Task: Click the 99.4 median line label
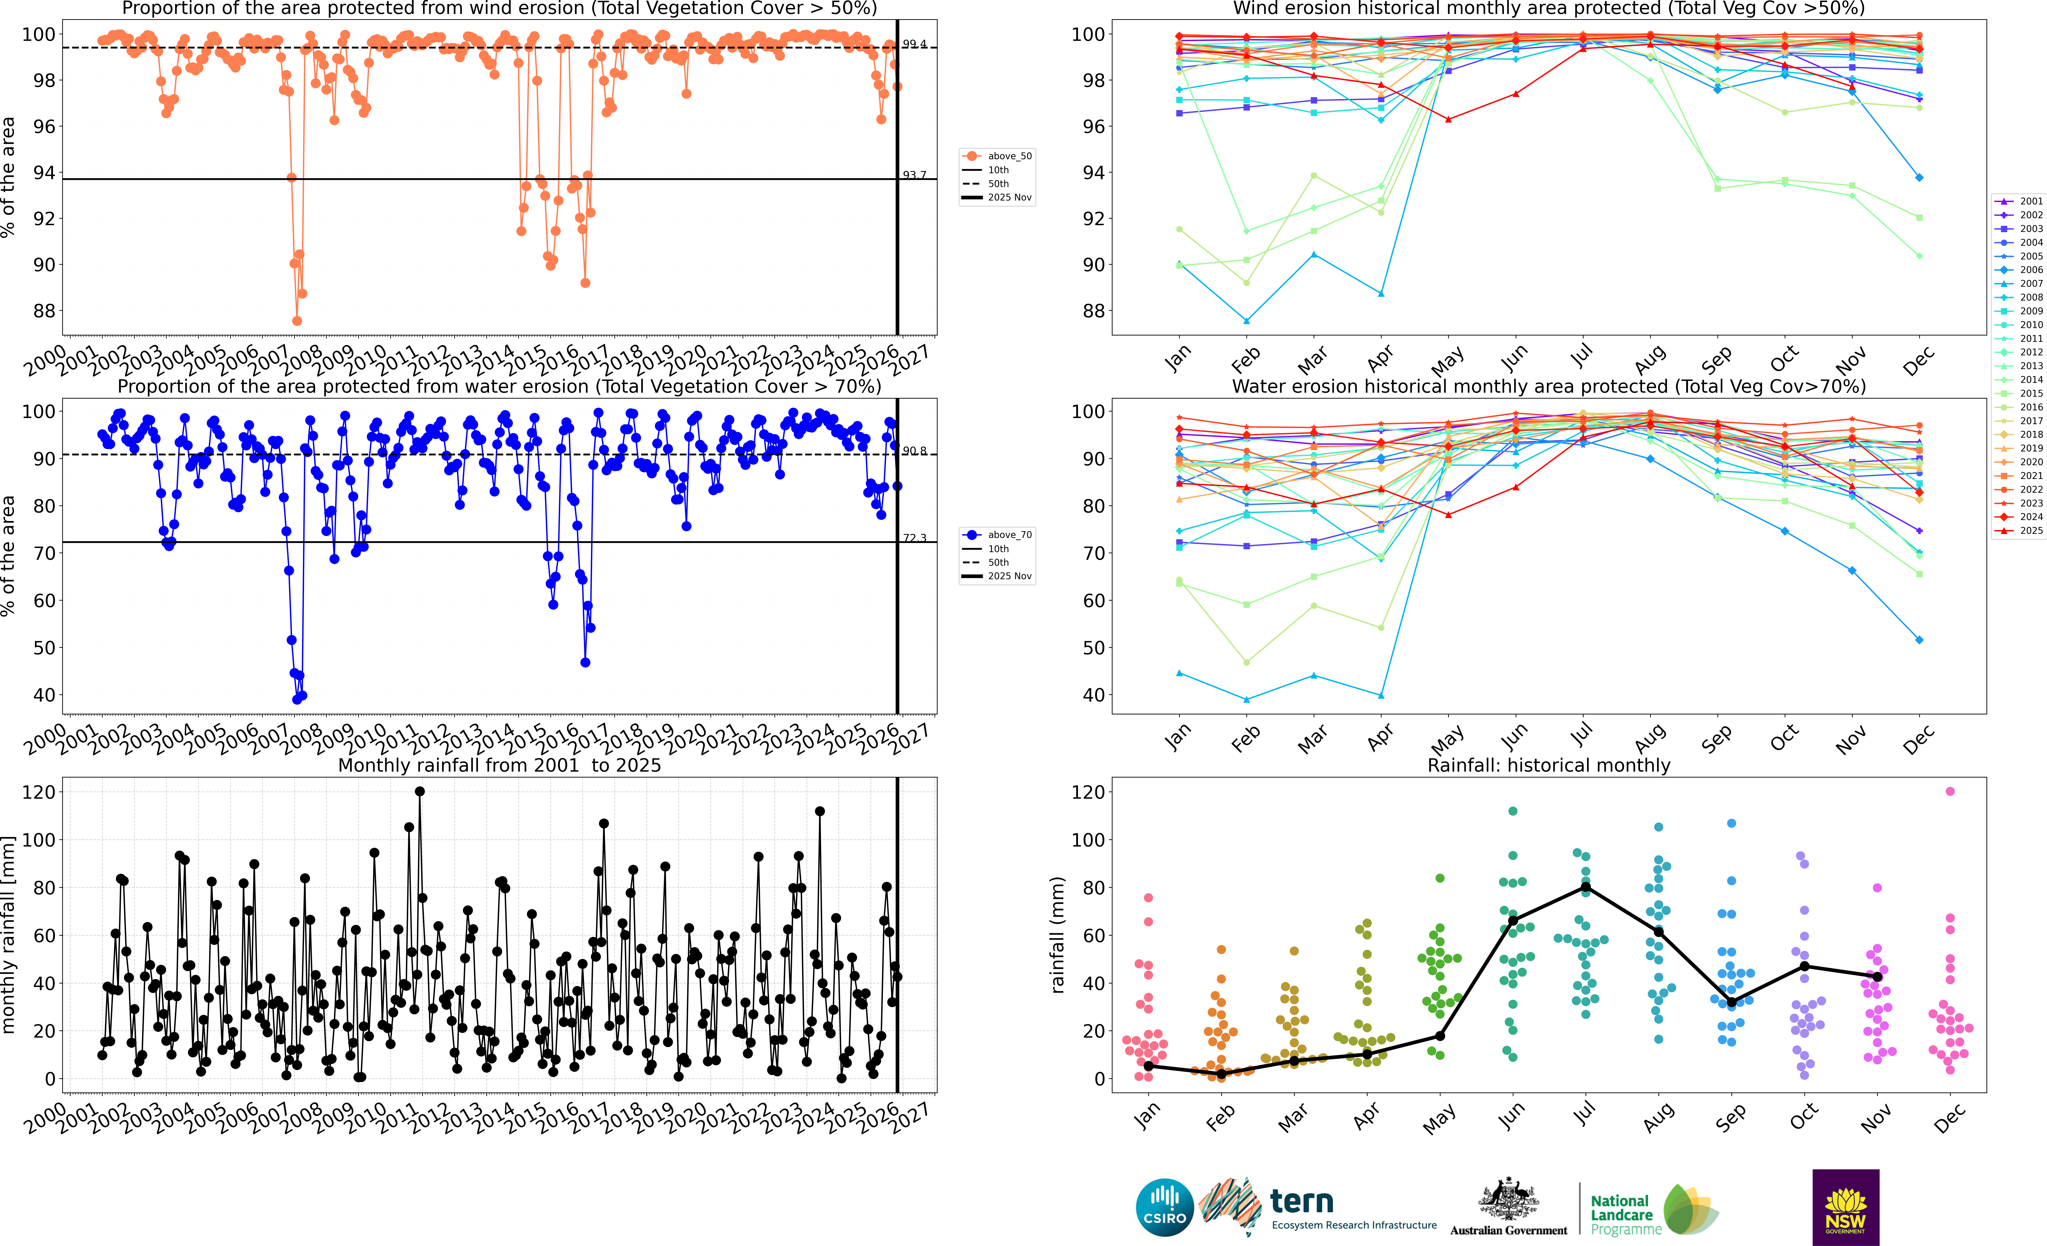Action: click(915, 44)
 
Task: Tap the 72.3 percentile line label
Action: click(915, 538)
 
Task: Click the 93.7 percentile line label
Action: click(915, 175)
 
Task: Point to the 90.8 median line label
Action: click(915, 451)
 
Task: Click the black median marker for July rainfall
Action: click(1585, 887)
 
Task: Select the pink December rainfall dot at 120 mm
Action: click(1950, 792)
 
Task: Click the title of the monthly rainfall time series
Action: click(499, 765)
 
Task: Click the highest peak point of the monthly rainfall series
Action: click(420, 792)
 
